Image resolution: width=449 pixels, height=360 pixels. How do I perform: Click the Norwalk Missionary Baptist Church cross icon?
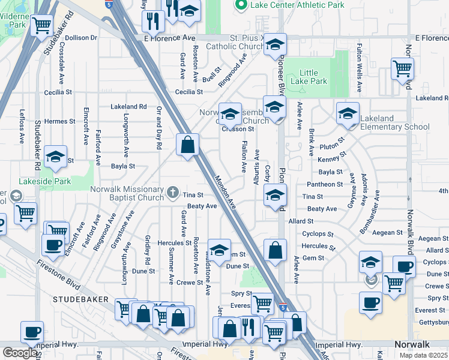point(173,192)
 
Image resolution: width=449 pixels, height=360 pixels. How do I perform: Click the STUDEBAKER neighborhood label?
point(80,299)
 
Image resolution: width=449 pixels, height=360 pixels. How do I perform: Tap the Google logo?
point(20,352)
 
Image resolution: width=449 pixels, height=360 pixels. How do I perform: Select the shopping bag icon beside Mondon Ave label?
point(187,145)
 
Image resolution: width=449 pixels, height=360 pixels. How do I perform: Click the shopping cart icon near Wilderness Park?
point(41,26)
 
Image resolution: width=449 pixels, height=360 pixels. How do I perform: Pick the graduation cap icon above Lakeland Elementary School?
point(348,113)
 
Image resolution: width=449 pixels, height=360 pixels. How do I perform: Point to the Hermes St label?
point(59,121)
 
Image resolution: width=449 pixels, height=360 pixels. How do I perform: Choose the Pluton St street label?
point(331,145)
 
